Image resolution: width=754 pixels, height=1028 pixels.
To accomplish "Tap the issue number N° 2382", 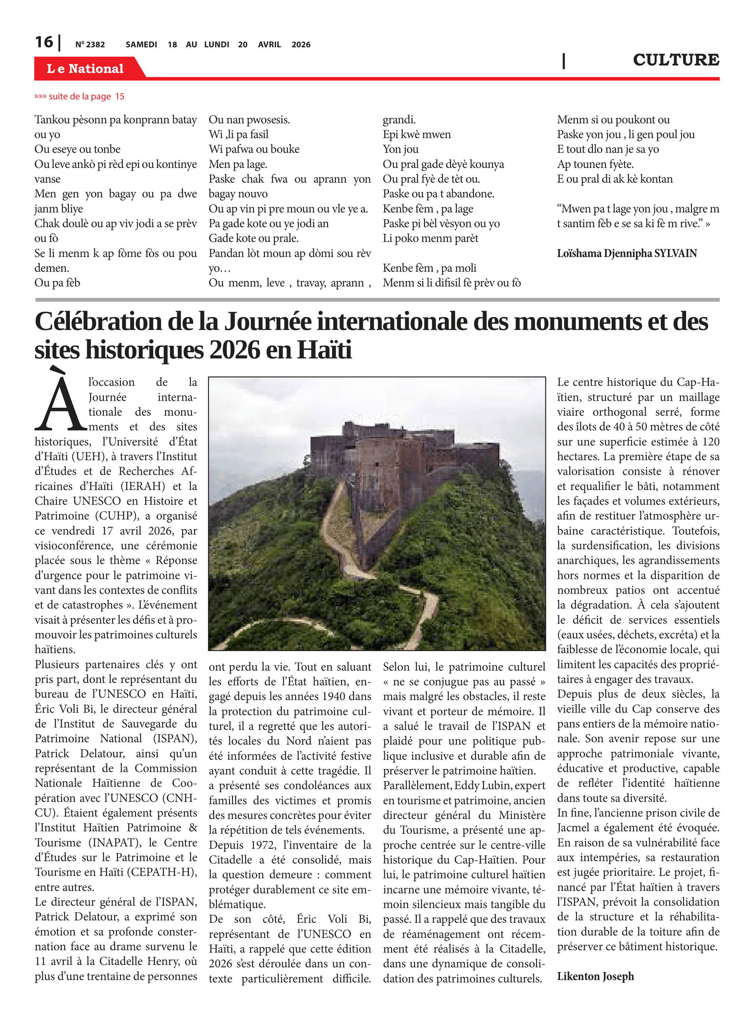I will (90, 45).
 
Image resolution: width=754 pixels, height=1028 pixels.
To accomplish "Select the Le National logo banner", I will (85, 69).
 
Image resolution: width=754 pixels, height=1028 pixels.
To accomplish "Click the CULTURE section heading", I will (676, 60).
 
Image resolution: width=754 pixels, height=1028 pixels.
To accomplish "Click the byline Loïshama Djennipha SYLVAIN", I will (627, 253).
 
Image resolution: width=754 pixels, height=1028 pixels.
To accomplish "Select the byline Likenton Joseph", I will (595, 976).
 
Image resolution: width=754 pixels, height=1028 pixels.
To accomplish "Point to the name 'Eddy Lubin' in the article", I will (484, 785).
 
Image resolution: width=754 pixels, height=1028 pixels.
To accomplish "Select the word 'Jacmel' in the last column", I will (572, 828).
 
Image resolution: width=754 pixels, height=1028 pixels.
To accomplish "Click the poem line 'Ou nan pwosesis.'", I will (249, 120).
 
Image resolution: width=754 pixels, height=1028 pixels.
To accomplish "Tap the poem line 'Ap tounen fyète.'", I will (595, 164).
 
